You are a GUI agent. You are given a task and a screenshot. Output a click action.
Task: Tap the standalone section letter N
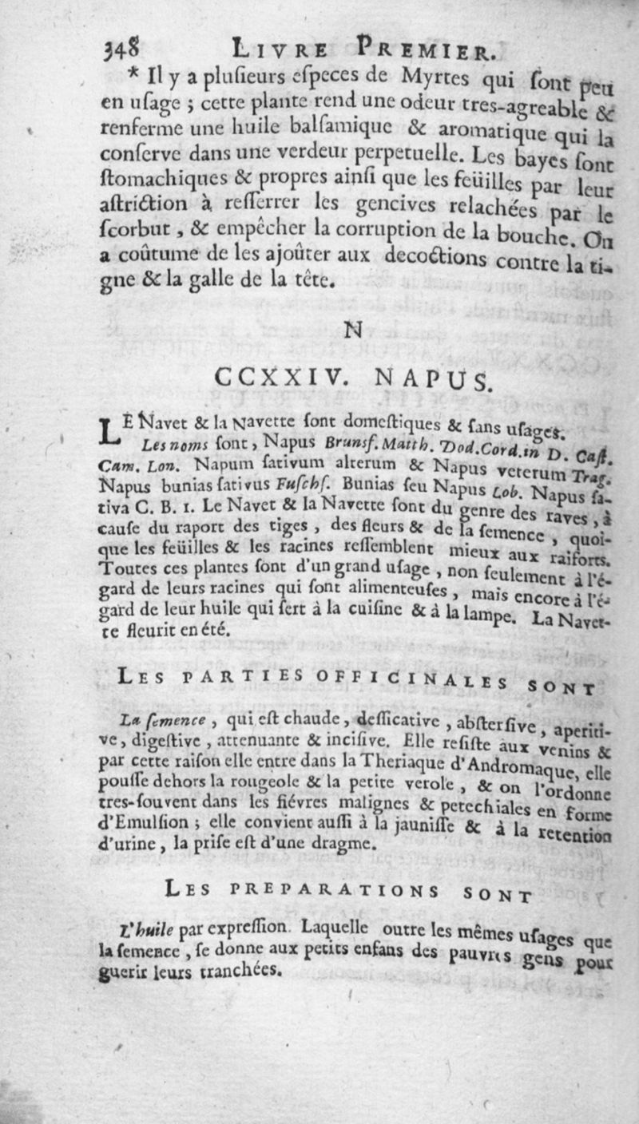click(351, 328)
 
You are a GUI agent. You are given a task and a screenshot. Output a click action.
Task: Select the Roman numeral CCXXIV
click(278, 376)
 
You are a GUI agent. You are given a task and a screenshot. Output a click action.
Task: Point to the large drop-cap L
click(110, 431)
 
